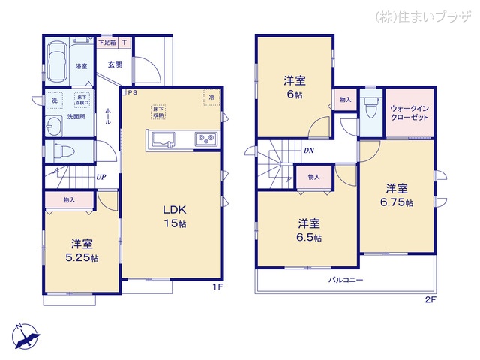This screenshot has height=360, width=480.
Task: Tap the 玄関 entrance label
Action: [x=115, y=64]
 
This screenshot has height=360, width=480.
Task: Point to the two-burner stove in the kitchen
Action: [x=205, y=139]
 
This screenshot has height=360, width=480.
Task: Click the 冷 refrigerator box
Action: [x=212, y=97]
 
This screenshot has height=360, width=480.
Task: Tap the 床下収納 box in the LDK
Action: [x=158, y=111]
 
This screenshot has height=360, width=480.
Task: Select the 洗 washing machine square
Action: [x=55, y=100]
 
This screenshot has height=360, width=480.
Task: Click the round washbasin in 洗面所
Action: [x=54, y=124]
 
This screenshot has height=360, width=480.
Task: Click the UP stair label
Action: [x=100, y=178]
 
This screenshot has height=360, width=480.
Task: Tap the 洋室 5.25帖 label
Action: [x=83, y=250]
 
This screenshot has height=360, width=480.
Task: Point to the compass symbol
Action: [x=24, y=334]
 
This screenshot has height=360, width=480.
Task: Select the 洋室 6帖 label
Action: [x=294, y=86]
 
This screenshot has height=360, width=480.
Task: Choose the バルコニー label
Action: [x=346, y=279]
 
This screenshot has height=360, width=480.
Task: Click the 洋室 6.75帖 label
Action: [x=397, y=194]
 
